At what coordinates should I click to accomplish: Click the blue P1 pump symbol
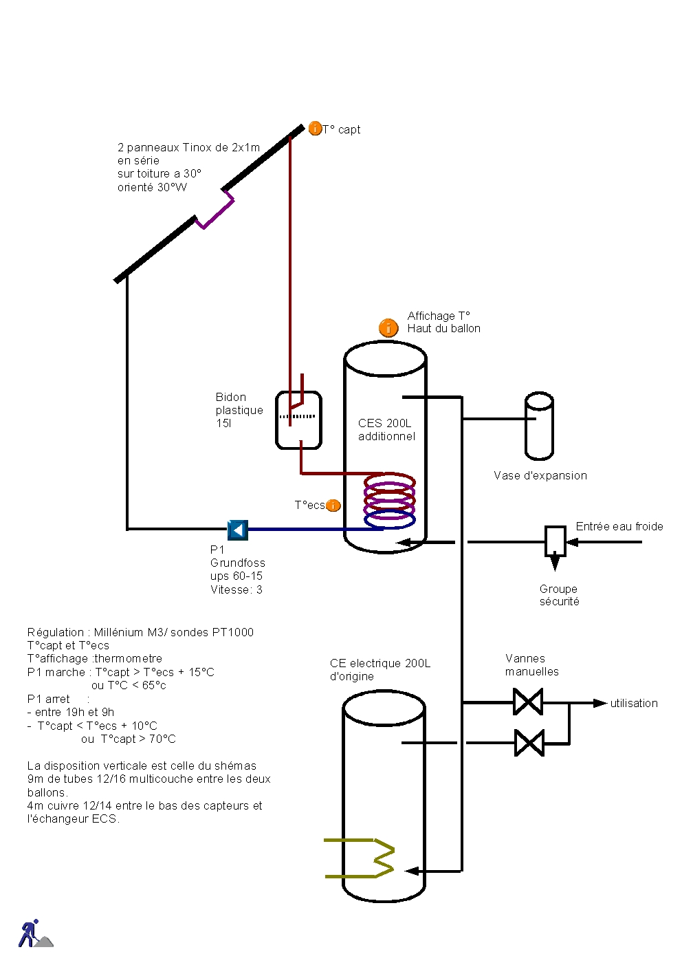(237, 530)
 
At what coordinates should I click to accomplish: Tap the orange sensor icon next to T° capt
(315, 129)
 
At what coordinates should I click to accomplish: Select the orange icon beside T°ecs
(333, 506)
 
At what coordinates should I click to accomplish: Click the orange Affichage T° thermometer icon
(388, 328)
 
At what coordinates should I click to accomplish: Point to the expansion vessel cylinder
(539, 426)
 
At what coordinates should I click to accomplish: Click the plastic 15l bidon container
(298, 420)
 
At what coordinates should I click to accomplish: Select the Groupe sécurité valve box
(555, 541)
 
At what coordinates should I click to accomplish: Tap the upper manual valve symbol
(528, 702)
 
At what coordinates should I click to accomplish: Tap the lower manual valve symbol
(529, 743)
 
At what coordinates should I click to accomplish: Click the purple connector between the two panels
(215, 210)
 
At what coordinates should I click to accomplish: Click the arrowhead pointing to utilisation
(600, 703)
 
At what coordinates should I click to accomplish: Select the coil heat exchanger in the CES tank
(389, 500)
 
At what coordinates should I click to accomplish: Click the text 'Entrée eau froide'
(619, 526)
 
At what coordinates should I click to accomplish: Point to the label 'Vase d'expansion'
(540, 475)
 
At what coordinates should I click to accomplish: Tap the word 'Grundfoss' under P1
(238, 563)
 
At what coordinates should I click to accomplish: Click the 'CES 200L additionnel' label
(386, 429)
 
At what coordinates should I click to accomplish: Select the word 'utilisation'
(634, 703)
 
